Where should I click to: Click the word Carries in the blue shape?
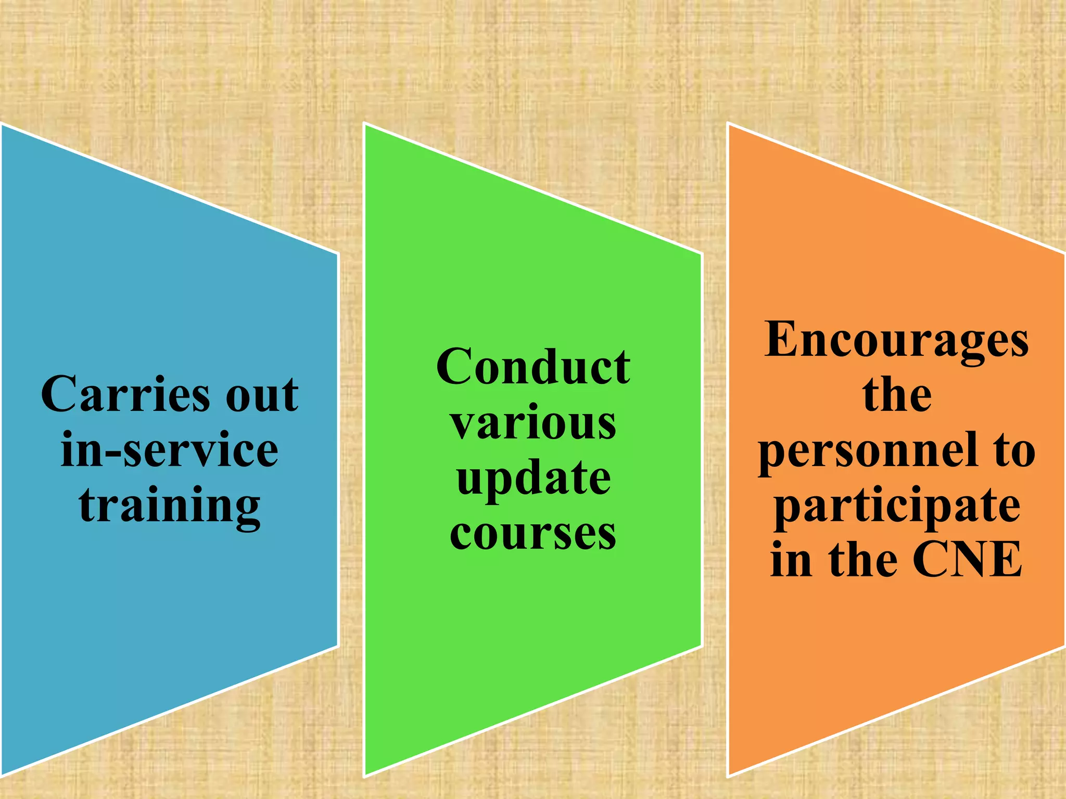tap(125, 394)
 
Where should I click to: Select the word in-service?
tap(169, 450)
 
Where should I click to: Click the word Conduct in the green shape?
tap(533, 367)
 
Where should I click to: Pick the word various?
tap(533, 423)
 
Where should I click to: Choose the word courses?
tap(533, 534)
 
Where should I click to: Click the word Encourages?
tap(896, 340)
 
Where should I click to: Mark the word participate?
tap(896, 507)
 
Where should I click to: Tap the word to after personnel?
tap(1014, 450)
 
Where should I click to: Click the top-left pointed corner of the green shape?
tap(365, 124)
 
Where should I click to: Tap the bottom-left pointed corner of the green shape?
tap(365, 776)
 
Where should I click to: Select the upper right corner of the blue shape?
tap(337, 254)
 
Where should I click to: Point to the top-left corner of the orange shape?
tap(728, 124)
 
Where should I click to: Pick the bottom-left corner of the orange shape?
tap(728, 776)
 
